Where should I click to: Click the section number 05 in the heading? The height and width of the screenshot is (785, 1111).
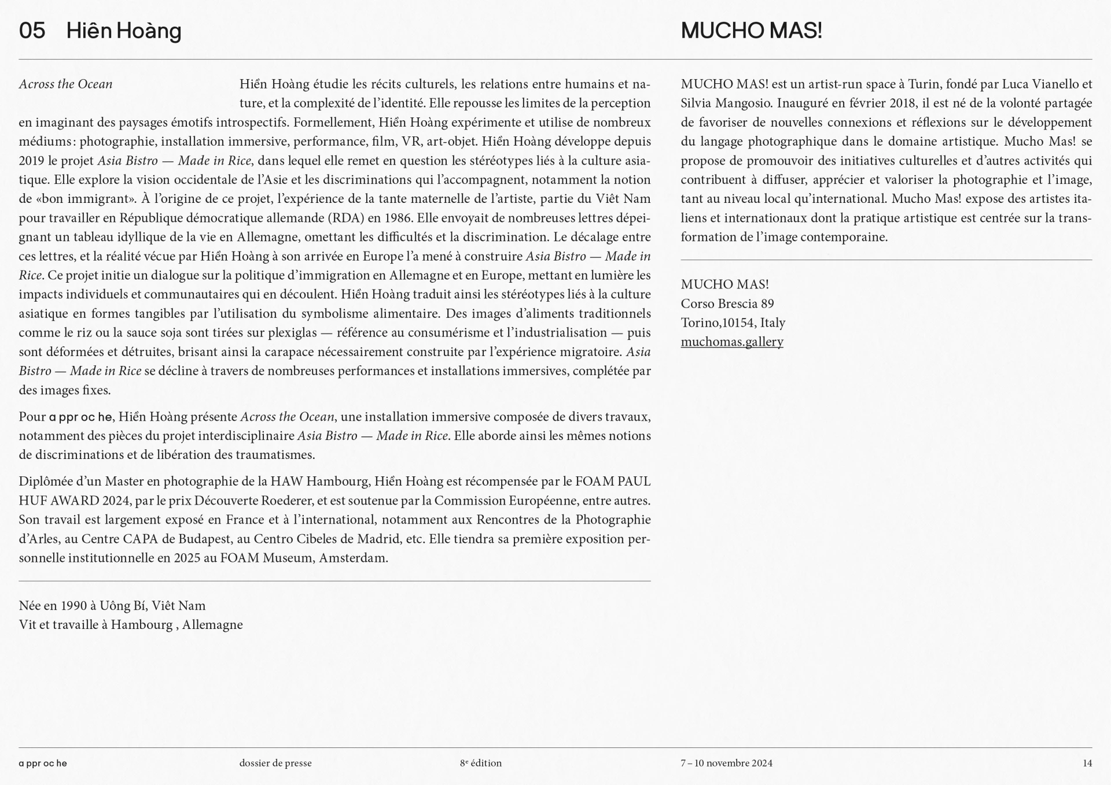click(32, 31)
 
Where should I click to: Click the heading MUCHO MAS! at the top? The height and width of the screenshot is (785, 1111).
click(751, 31)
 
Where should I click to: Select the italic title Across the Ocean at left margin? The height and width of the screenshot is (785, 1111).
click(65, 84)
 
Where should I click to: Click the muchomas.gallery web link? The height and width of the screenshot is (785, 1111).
click(731, 342)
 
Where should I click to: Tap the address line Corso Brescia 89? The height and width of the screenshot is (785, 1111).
click(727, 303)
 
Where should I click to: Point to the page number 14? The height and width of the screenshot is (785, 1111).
click(1087, 763)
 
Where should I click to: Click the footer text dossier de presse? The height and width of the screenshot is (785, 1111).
click(275, 763)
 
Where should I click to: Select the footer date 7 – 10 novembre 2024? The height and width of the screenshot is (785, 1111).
click(726, 763)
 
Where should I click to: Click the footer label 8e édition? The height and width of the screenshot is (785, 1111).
click(481, 763)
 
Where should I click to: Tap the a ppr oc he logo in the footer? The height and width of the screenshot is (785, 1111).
click(43, 763)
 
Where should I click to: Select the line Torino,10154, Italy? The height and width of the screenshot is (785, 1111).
click(733, 323)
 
